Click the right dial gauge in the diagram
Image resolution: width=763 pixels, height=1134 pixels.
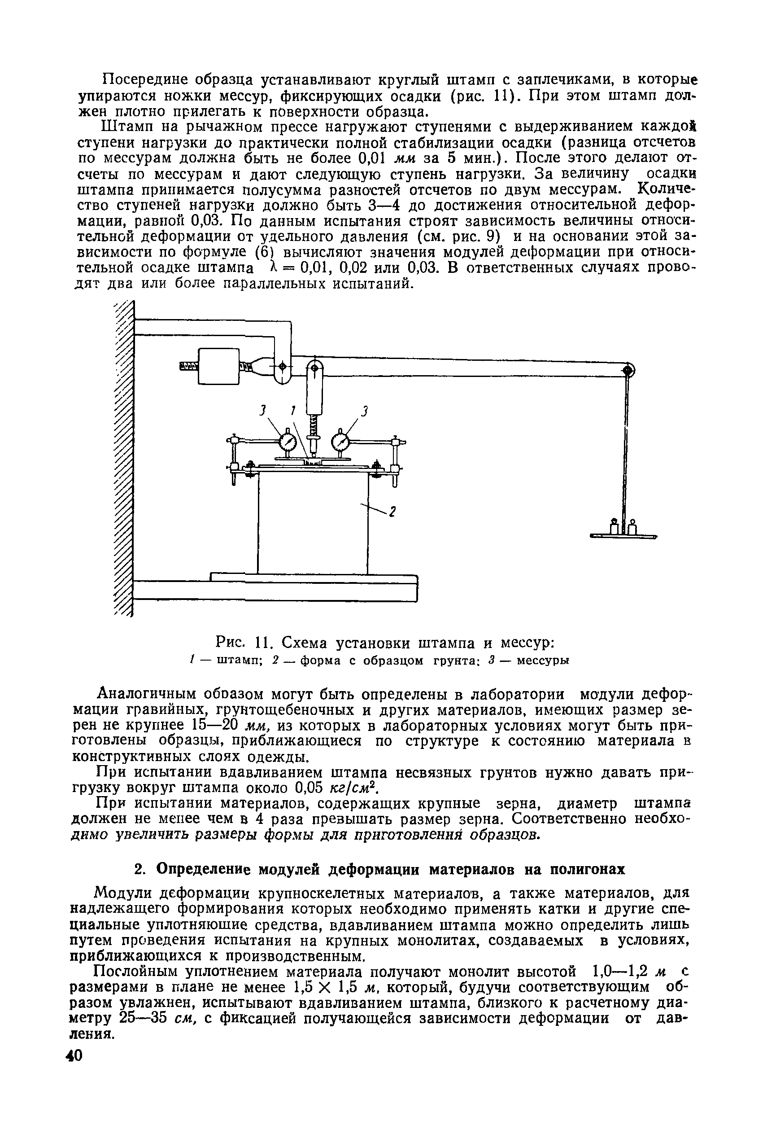[340, 443]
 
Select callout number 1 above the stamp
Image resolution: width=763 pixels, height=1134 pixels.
[292, 411]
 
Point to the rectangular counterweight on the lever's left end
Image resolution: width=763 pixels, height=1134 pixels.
[218, 367]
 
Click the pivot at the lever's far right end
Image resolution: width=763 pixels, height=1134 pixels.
[628, 371]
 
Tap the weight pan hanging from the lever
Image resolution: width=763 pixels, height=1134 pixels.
[623, 536]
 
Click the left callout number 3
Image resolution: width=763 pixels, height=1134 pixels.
[262, 411]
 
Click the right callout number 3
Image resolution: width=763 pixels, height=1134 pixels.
[366, 411]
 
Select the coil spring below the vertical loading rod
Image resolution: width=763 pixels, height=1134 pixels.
[314, 426]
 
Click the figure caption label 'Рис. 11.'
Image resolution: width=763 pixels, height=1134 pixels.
[241, 644]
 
